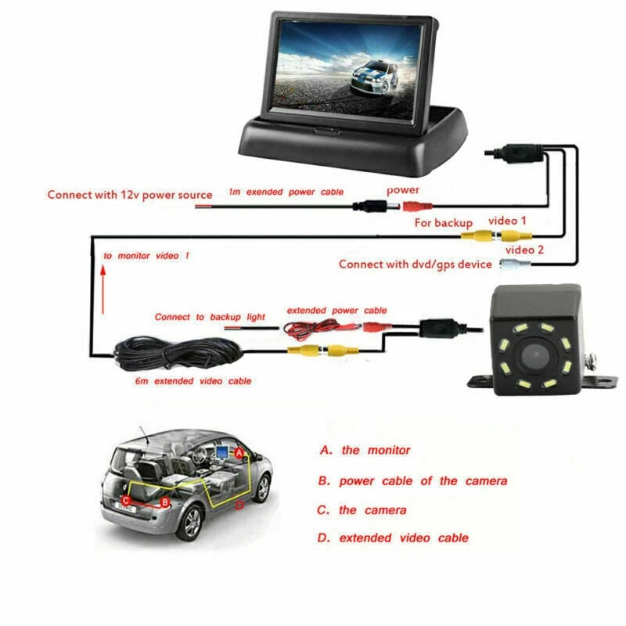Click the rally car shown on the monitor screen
pyautogui.click(x=374, y=77)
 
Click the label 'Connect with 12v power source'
pyautogui.click(x=130, y=195)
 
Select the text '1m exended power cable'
pyautogui.click(x=286, y=192)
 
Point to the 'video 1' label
pyautogui.click(x=507, y=221)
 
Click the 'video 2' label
pyautogui.click(x=524, y=250)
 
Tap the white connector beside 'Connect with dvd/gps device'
pyautogui.click(x=515, y=264)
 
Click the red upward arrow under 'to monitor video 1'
pyautogui.click(x=103, y=290)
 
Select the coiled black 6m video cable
pyautogui.click(x=178, y=353)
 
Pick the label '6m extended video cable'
pyautogui.click(x=193, y=381)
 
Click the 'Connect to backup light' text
pyautogui.click(x=210, y=317)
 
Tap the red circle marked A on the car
pyautogui.click(x=239, y=453)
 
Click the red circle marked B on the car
pyautogui.click(x=164, y=502)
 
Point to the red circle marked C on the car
pyautogui.click(x=126, y=500)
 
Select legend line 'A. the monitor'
pyautogui.click(x=365, y=451)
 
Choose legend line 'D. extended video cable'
pyautogui.click(x=393, y=538)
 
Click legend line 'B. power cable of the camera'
pyautogui.click(x=413, y=481)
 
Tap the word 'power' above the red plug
pyautogui.click(x=403, y=190)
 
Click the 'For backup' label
pyautogui.click(x=443, y=223)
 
